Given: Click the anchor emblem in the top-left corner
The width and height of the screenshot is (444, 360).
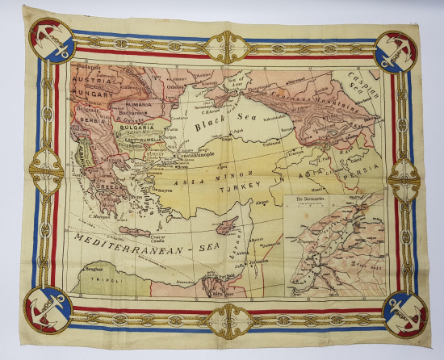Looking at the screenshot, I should [x=51, y=42].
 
